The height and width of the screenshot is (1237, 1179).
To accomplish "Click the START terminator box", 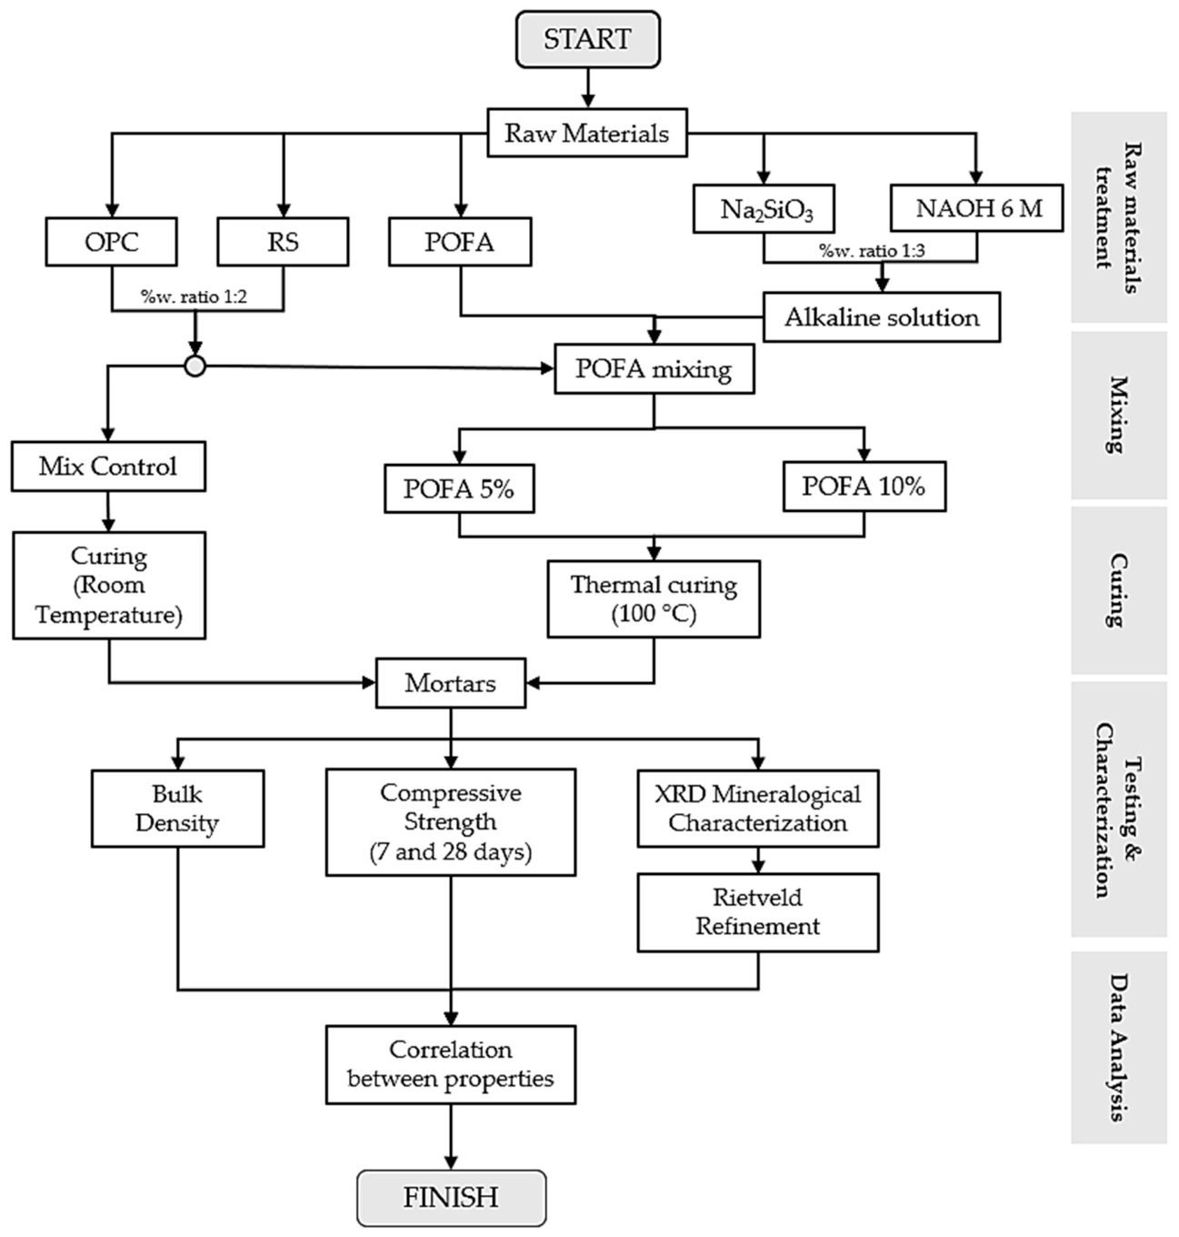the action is click(588, 39).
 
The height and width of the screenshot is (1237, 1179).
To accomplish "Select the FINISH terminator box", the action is click(452, 1197).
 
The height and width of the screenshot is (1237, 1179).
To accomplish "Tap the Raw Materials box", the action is click(587, 133).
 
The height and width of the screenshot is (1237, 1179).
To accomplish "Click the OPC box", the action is click(111, 242).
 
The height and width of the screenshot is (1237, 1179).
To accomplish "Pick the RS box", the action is click(283, 242).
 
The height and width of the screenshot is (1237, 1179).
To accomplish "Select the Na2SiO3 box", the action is click(764, 208).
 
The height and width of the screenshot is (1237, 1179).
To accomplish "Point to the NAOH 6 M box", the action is click(976, 207).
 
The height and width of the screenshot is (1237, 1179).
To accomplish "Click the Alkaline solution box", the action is click(882, 317).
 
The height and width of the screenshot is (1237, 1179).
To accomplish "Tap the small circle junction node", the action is click(195, 367).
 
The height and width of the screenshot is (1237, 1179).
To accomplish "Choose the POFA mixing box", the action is click(654, 368).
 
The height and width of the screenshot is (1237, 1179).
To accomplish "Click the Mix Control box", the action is click(108, 467).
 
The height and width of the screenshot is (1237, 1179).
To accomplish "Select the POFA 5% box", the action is click(460, 488).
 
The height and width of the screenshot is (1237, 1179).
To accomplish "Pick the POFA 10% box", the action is click(864, 487).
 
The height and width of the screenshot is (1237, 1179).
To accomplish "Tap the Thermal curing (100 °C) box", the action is click(654, 599).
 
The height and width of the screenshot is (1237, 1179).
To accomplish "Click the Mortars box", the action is click(451, 683).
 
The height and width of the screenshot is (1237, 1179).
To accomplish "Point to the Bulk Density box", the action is click(177, 809).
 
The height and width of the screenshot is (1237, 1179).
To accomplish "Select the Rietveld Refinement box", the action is click(758, 912).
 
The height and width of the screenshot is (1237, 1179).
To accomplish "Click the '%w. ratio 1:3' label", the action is click(872, 250).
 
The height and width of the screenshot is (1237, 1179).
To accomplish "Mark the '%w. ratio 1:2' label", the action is click(194, 297).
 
